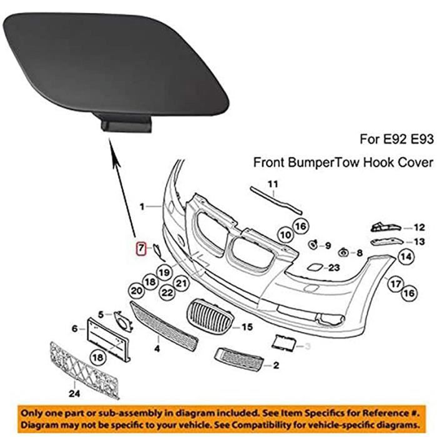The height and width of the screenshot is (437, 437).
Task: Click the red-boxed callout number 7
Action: [141, 248]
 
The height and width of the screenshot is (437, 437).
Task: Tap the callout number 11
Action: [272, 184]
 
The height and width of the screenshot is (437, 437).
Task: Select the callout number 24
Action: [74, 394]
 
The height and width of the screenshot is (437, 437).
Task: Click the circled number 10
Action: [285, 235]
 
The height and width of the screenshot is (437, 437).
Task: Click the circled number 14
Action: [406, 256]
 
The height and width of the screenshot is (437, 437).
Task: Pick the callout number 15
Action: [247, 327]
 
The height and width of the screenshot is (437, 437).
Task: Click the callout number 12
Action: [419, 228]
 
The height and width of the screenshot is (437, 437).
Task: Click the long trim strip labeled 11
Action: [275, 200]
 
